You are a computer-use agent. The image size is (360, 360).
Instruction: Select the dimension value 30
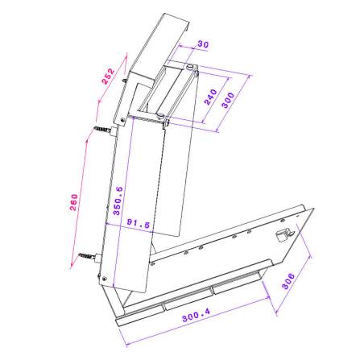[x=202, y=45]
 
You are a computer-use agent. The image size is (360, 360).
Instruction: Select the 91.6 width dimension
[x=139, y=225]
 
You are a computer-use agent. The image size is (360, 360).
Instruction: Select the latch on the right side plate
[x=282, y=235]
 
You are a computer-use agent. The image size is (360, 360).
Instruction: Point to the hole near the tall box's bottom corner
[x=106, y=279]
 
